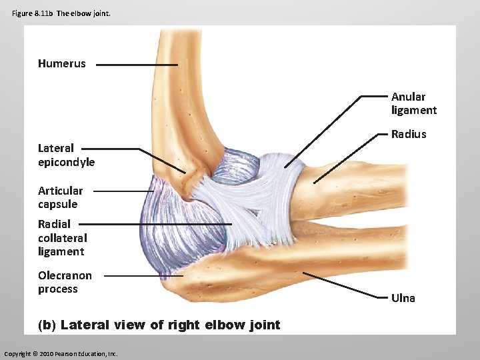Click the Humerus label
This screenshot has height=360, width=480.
point(62,64)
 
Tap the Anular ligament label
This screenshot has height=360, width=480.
point(413,103)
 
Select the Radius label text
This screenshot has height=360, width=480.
point(408,134)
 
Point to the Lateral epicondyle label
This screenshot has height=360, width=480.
point(66,155)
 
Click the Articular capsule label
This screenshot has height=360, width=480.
point(60,197)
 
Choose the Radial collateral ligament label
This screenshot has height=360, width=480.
point(62,237)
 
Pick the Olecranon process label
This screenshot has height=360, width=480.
point(65,282)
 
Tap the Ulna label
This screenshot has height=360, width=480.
point(403,298)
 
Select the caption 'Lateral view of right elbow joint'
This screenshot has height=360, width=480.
point(170,325)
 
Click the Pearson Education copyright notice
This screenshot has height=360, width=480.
point(61,353)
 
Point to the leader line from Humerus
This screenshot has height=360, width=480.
point(137,65)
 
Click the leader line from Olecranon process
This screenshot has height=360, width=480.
point(143,275)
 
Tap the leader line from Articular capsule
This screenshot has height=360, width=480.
point(123,191)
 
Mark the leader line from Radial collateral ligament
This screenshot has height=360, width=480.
point(160,224)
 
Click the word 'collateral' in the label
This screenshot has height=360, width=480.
point(62,237)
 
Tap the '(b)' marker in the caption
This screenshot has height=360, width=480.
point(47,325)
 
